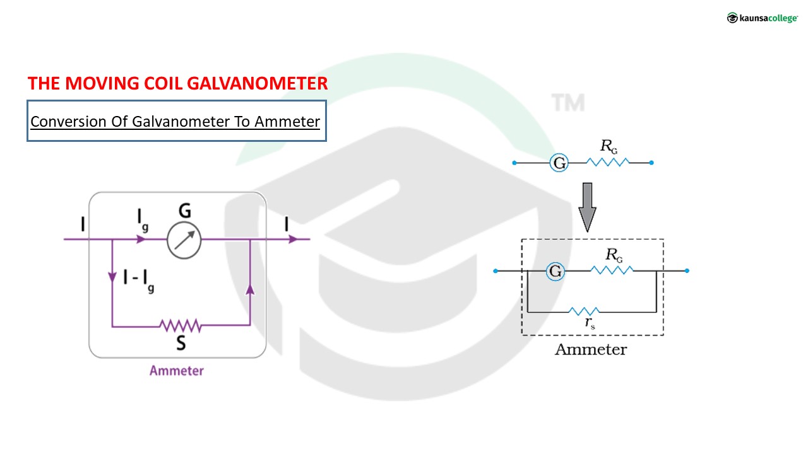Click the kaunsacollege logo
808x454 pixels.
762,18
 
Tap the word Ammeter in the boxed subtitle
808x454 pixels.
287,121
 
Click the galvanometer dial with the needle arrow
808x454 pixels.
184,240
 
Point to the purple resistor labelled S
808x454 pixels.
181,325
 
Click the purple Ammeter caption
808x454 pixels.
177,371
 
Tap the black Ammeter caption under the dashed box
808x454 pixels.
591,350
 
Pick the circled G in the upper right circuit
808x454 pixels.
559,163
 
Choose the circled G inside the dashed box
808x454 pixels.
555,272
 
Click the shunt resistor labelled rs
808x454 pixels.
584,311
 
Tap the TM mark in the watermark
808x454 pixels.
568,102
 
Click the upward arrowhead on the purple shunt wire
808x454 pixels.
250,289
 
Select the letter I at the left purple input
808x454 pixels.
83,224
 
